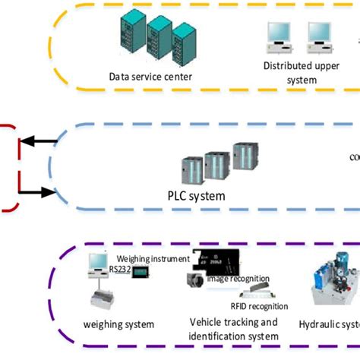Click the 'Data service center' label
click(150, 76)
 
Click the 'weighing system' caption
click(119, 324)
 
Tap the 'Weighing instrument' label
click(153, 259)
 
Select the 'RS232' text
click(119, 267)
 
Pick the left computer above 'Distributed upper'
click(279, 33)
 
